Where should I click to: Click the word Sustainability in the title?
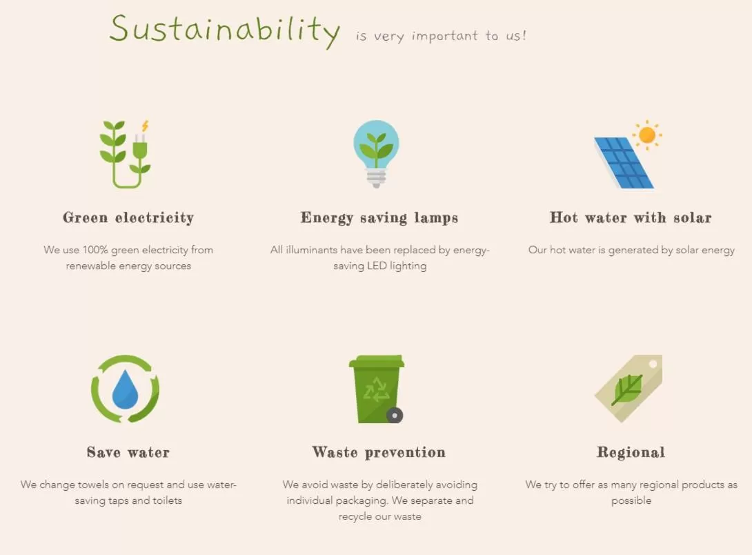pyautogui.click(x=225, y=30)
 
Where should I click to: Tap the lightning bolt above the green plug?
pyautogui.click(x=145, y=126)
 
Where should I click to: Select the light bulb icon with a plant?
pyautogui.click(x=377, y=153)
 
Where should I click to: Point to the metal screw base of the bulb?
pyautogui.click(x=377, y=178)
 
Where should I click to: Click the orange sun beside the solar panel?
pyautogui.click(x=647, y=135)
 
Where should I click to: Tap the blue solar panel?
pyautogui.click(x=624, y=163)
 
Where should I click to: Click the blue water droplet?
pyautogui.click(x=125, y=389)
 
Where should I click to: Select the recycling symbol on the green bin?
pyautogui.click(x=377, y=389)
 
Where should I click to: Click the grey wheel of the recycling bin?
pyautogui.click(x=395, y=415)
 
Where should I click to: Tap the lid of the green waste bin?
pyautogui.click(x=377, y=361)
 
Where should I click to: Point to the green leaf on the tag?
pyautogui.click(x=627, y=389)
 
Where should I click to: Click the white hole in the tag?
pyautogui.click(x=653, y=364)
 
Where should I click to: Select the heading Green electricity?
pyautogui.click(x=128, y=217)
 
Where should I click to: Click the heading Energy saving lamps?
pyautogui.click(x=379, y=217)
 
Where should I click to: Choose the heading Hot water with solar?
pyautogui.click(x=631, y=217)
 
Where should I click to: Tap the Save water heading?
pyautogui.click(x=128, y=452)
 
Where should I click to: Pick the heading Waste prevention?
pyautogui.click(x=379, y=452)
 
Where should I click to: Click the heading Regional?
pyautogui.click(x=631, y=452)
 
